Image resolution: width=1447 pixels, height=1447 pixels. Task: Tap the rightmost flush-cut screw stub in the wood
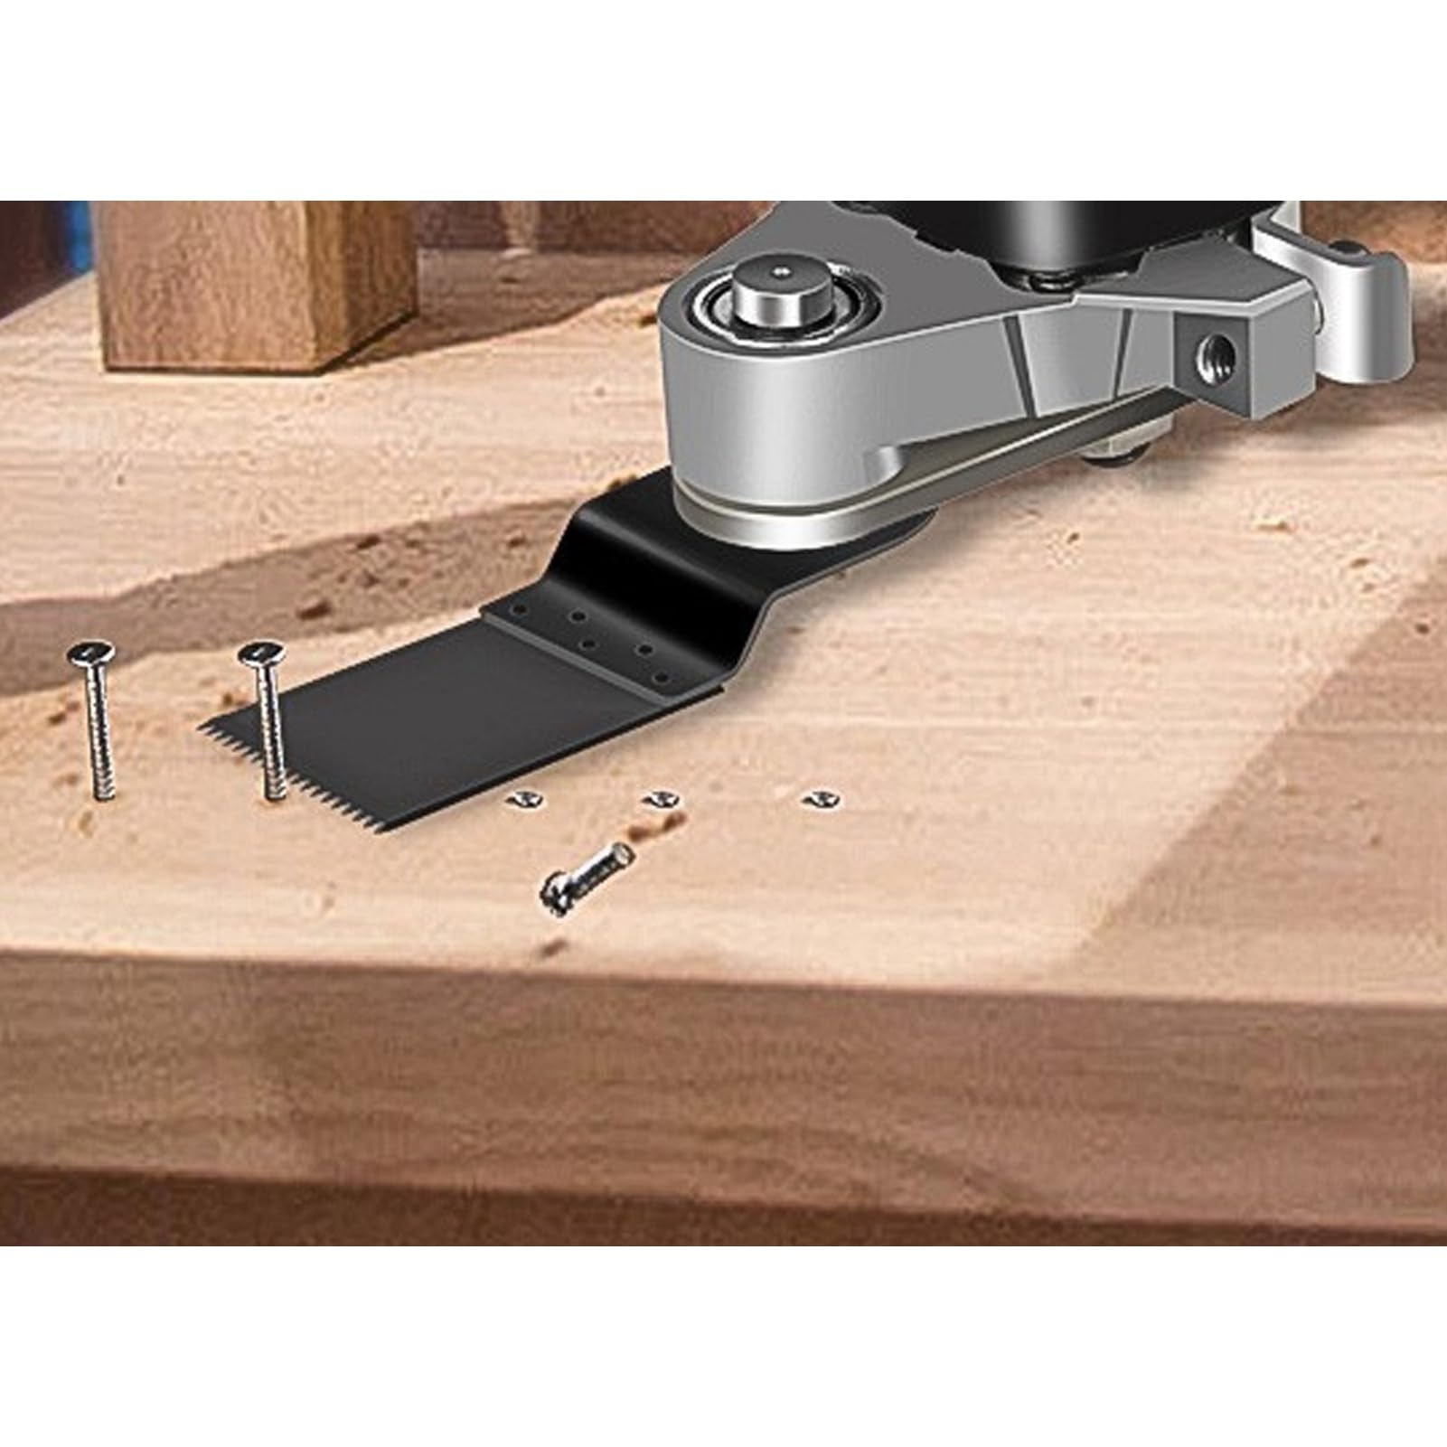tap(820, 797)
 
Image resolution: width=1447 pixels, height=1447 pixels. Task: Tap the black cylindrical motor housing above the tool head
tap(1039, 235)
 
